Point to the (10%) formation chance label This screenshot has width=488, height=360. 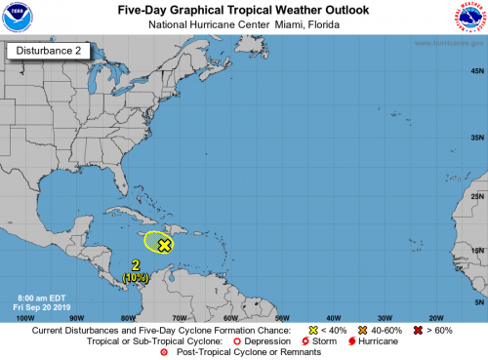click(137, 278)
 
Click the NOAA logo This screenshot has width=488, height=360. click(19, 18)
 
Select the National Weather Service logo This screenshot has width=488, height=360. click(468, 18)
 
